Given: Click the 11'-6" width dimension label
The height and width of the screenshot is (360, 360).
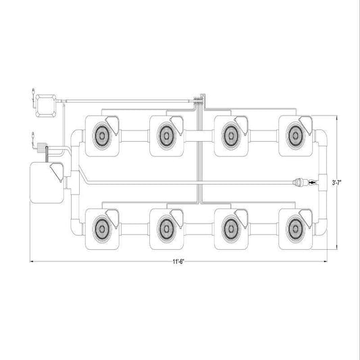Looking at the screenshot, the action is click(178, 262).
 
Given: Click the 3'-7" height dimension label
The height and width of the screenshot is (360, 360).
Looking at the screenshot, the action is click(336, 183).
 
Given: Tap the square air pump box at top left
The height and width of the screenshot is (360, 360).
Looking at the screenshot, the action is click(46, 105).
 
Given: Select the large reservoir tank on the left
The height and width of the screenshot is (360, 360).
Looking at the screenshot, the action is click(47, 182).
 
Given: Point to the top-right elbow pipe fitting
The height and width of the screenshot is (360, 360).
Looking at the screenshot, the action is click(322, 137).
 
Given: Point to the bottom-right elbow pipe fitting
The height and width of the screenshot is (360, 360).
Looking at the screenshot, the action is click(322, 227).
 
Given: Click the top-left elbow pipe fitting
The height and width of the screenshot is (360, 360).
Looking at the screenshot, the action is click(76, 137).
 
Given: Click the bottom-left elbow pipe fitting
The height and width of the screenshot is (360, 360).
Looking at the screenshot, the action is click(76, 227).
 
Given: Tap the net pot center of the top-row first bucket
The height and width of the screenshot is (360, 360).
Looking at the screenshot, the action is click(102, 136).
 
